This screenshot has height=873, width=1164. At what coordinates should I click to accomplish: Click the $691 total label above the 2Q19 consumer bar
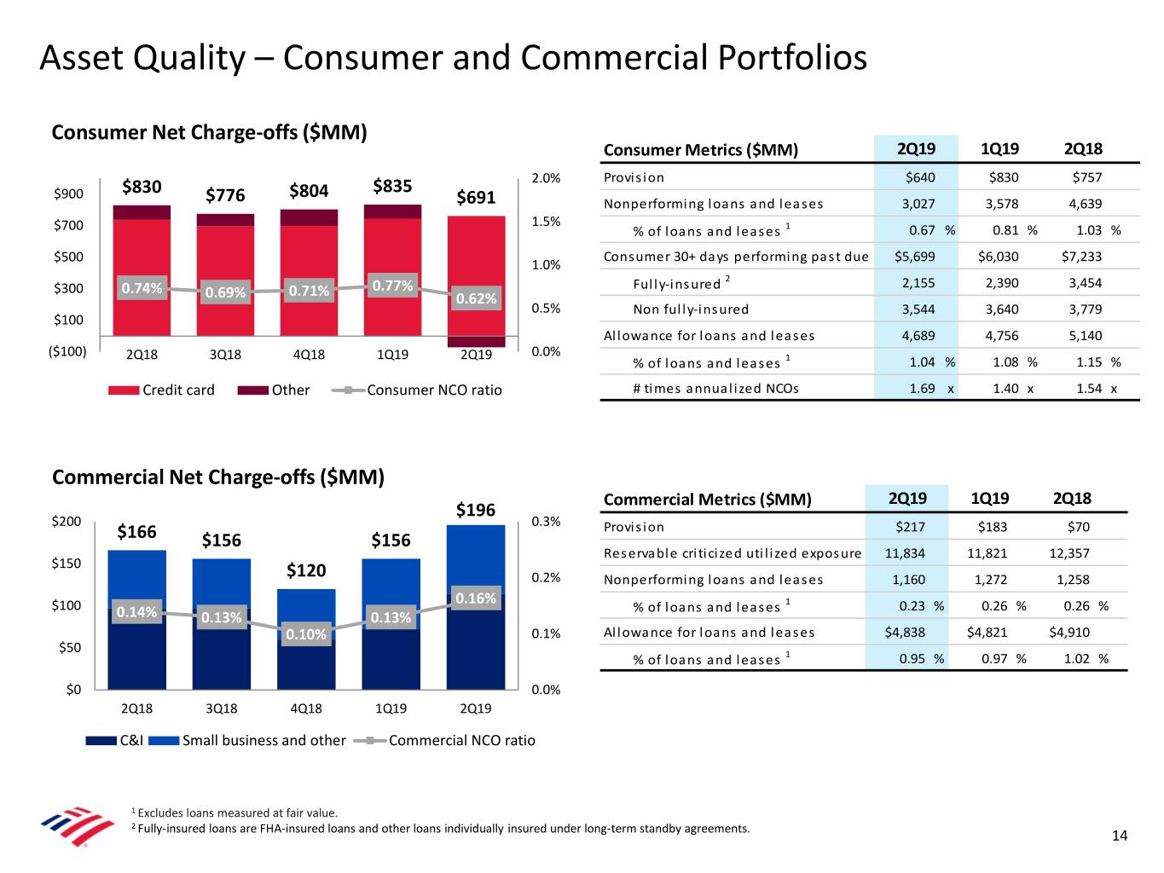(x=476, y=198)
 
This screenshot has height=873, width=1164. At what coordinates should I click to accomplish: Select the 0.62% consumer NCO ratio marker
(x=476, y=298)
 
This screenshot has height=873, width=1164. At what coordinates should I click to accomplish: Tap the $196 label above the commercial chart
(x=475, y=510)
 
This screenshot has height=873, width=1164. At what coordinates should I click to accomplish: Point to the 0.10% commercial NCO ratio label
(x=306, y=634)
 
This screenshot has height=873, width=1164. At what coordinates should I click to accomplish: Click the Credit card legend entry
(x=162, y=390)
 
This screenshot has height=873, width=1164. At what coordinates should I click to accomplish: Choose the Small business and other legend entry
(x=247, y=741)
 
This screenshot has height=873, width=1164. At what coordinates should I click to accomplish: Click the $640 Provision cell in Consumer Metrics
(x=920, y=177)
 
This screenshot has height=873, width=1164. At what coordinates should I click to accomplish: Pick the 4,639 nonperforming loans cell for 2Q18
(x=1085, y=204)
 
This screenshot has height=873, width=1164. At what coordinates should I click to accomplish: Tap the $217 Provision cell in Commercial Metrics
(x=910, y=527)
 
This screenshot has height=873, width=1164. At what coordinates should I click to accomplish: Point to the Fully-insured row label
(x=677, y=284)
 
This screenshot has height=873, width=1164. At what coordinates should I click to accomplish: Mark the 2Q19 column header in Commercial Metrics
(x=907, y=499)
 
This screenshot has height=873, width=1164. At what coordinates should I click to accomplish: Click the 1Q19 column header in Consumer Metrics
(x=999, y=149)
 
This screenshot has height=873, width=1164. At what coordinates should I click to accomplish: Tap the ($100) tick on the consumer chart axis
(x=67, y=351)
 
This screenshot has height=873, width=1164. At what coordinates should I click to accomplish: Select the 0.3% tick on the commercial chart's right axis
(x=546, y=522)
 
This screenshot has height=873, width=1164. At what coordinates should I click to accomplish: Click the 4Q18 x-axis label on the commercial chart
(x=306, y=708)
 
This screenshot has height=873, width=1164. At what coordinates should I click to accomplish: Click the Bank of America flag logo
(x=77, y=826)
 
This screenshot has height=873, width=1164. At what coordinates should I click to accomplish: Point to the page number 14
(x=1120, y=836)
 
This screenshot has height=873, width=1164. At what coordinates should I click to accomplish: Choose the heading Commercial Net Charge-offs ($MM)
(x=218, y=477)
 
